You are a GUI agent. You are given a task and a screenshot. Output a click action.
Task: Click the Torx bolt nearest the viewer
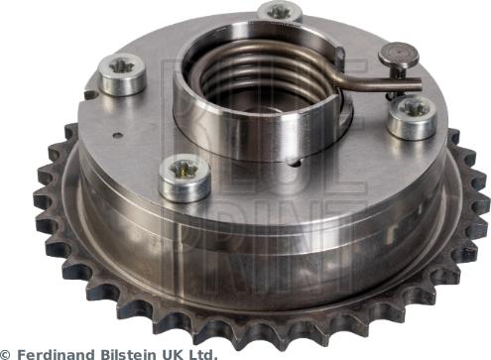(184, 176)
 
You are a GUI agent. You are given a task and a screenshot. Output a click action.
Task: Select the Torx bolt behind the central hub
(280, 12)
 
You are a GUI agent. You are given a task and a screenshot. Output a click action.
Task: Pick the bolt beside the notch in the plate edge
(122, 72)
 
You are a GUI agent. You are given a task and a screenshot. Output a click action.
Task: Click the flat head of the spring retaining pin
(400, 56)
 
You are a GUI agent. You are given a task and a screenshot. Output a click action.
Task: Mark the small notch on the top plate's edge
(90, 95)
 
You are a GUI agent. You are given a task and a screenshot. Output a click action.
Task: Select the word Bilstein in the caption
(128, 352)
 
